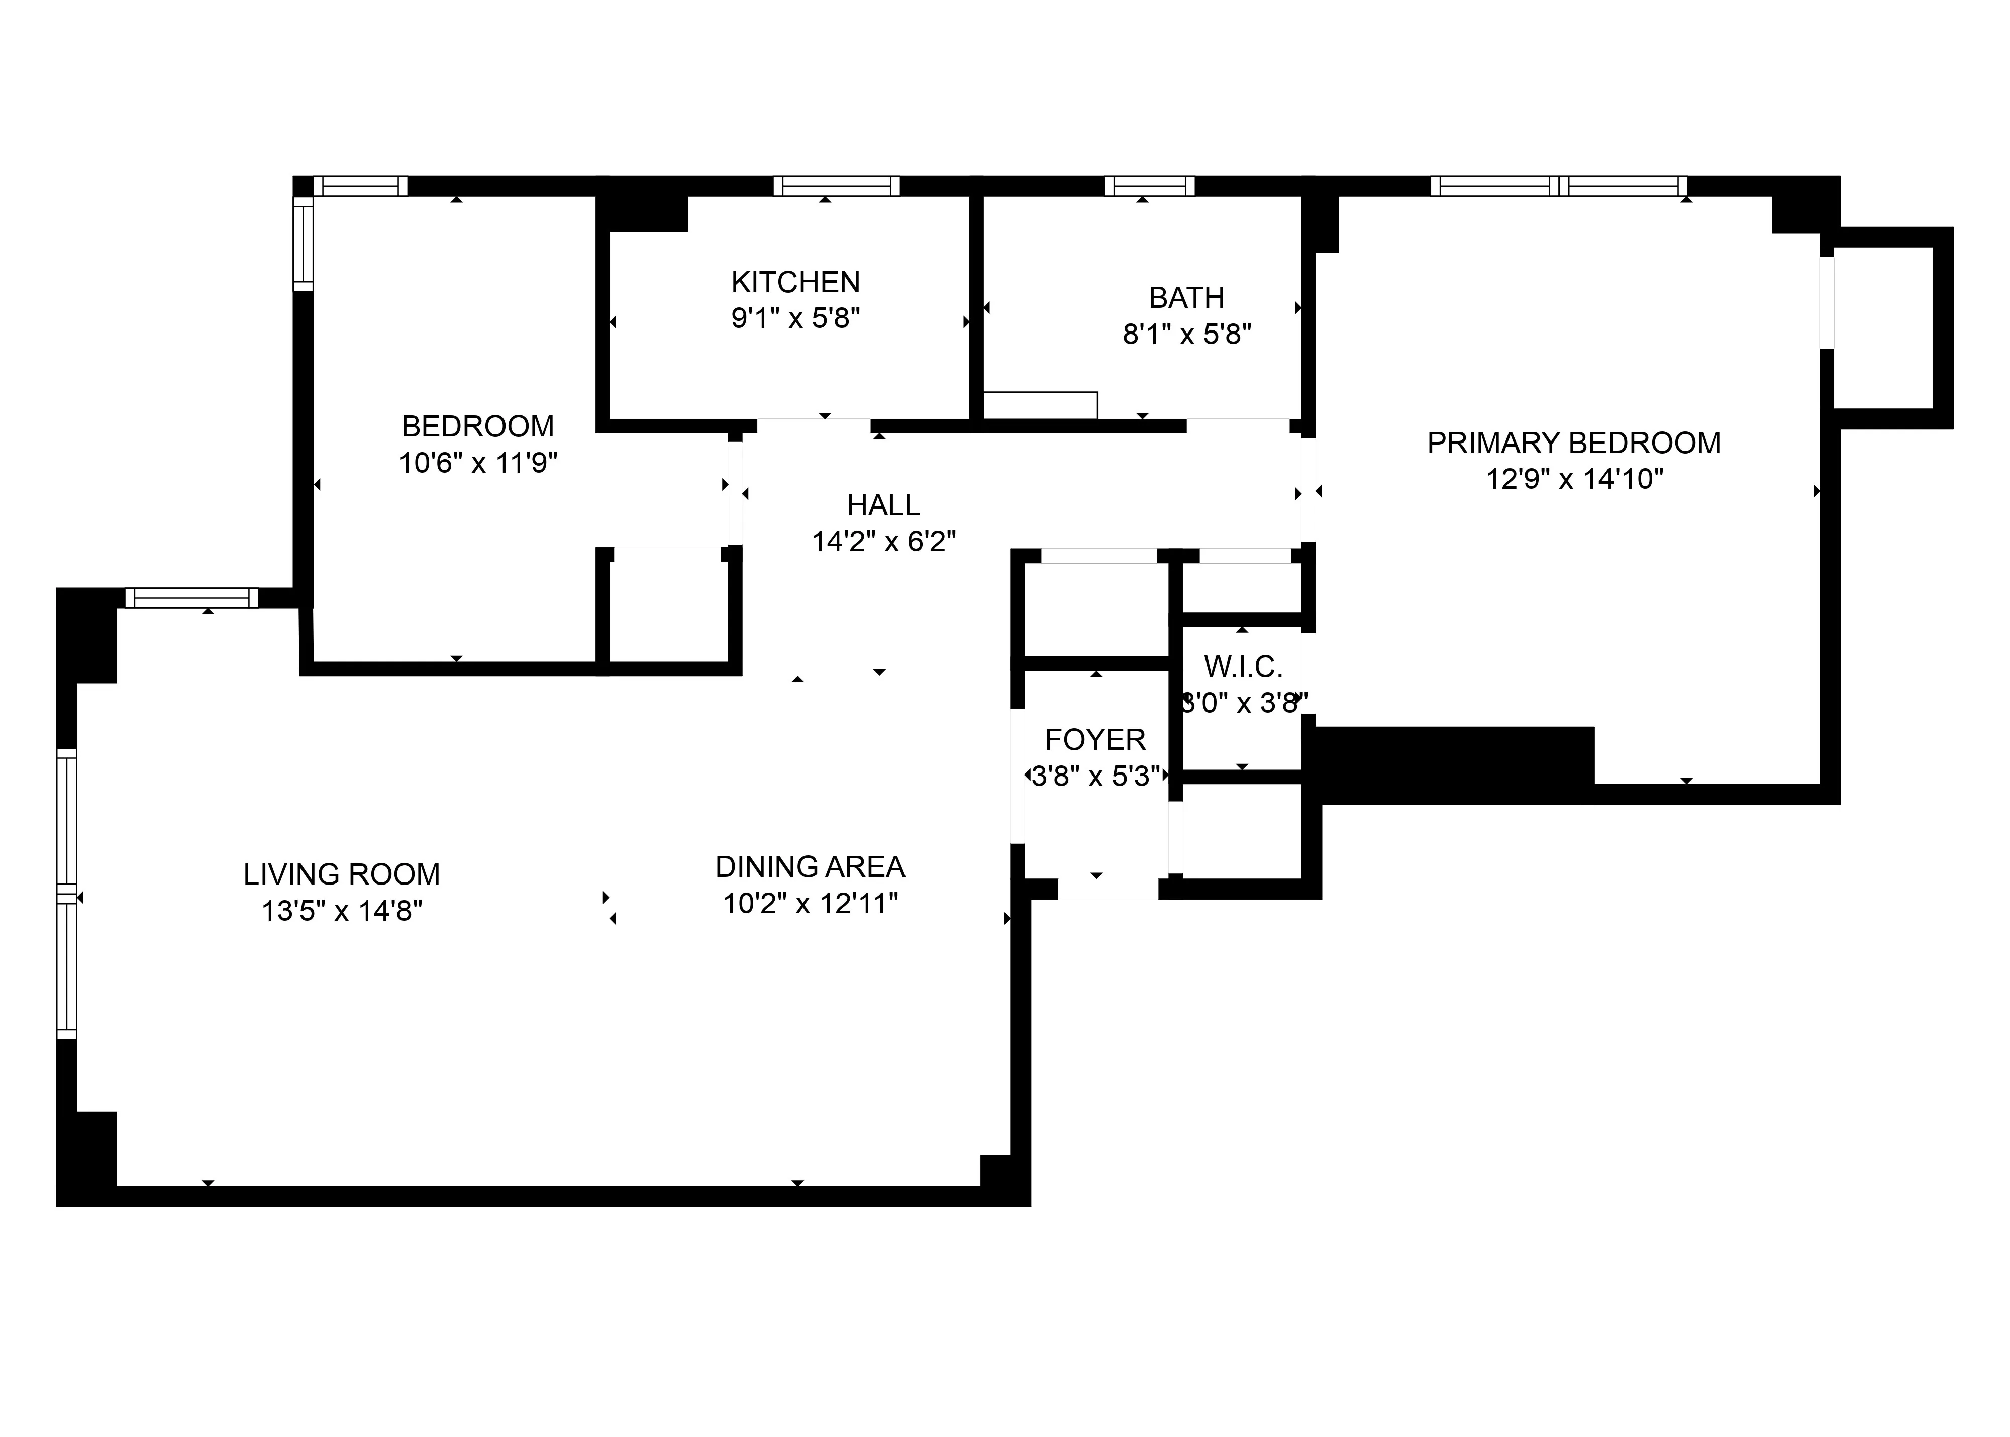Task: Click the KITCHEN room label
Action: coord(795,282)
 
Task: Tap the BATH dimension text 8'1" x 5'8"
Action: coord(1186,335)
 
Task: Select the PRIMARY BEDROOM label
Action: coord(1573,443)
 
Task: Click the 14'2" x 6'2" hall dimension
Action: coord(883,541)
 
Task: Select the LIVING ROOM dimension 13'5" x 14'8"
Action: coord(342,911)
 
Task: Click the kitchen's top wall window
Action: coord(836,186)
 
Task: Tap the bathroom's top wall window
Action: coord(1149,186)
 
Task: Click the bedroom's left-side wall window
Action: coord(303,243)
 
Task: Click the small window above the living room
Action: coord(191,598)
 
